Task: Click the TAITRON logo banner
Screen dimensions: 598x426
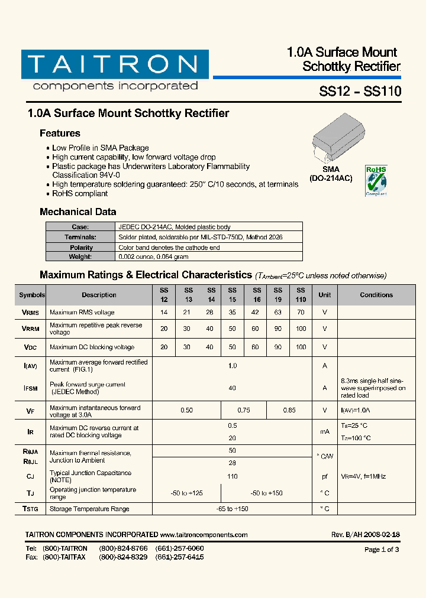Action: [x=115, y=64]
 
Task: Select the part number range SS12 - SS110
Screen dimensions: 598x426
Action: [x=360, y=92]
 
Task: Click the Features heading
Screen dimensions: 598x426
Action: [x=60, y=134]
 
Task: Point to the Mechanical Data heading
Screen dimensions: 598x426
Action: [x=78, y=212]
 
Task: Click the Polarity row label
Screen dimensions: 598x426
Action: [x=81, y=248]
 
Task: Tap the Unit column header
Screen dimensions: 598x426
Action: [x=325, y=295]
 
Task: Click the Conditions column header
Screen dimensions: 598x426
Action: [x=376, y=295]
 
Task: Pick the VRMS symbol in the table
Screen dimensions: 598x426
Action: [x=31, y=313]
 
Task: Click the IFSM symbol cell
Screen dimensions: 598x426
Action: [x=31, y=388]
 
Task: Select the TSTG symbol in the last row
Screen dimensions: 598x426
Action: [x=31, y=509]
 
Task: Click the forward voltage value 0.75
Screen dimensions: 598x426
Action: [x=244, y=410]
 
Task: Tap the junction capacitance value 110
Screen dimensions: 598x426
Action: [x=232, y=476]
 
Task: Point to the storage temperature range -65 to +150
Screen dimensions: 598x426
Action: [x=232, y=509]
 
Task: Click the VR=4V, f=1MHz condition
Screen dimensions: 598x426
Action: [x=363, y=476]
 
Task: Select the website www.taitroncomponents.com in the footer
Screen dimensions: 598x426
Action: [x=204, y=535]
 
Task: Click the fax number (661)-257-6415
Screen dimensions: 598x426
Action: [x=179, y=557]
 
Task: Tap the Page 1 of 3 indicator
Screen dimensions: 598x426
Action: [x=382, y=550]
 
